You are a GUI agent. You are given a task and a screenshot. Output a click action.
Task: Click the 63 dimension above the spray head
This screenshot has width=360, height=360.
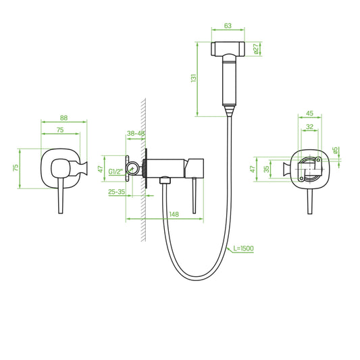[x=228, y=26]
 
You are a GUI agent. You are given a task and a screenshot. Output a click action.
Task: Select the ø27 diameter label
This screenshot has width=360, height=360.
[x=256, y=49]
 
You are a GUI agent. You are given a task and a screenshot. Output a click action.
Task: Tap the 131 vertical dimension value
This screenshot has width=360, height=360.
[x=194, y=78]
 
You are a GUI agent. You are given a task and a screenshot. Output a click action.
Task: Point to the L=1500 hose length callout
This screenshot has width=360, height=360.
[x=243, y=248]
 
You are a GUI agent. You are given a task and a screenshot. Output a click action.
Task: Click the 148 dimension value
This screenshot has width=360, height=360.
[x=174, y=214]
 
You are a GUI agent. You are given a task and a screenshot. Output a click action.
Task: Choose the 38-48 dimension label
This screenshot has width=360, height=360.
[x=136, y=133]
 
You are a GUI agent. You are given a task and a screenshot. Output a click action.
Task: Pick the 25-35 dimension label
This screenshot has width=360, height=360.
[x=117, y=192]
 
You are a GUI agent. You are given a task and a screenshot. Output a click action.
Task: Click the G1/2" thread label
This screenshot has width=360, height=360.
[x=115, y=172]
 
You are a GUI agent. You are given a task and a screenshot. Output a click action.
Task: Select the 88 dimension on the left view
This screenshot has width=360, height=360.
[x=63, y=118]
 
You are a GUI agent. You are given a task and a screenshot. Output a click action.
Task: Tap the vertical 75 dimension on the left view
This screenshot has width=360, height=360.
[x=16, y=168]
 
